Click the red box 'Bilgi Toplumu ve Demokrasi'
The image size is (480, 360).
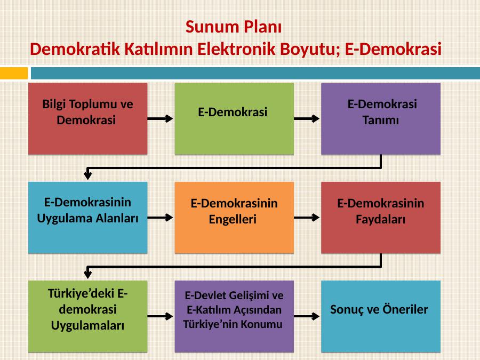pyautogui.click(x=88, y=119)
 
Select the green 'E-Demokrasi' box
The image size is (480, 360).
pyautogui.click(x=234, y=119)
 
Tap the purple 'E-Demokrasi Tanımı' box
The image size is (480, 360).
pyautogui.click(x=381, y=119)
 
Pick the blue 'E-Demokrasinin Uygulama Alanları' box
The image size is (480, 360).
pyautogui.click(x=88, y=218)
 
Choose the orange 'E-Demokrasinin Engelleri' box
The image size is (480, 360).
pyautogui.click(x=234, y=218)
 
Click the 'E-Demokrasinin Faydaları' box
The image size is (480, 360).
pyautogui.click(x=381, y=218)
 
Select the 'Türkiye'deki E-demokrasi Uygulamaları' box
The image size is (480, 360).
pyautogui.click(x=88, y=316)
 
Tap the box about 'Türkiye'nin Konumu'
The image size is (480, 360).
pyautogui.click(x=234, y=316)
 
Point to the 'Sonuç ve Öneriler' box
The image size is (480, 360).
pyautogui.click(x=381, y=316)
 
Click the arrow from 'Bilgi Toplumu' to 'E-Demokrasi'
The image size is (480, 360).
pyautogui.click(x=161, y=118)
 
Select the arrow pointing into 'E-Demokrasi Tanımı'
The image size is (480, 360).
pyautogui.click(x=307, y=118)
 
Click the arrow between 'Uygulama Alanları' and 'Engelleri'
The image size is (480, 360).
pyautogui.click(x=161, y=218)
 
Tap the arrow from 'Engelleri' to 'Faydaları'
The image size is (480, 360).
pyautogui.click(x=307, y=218)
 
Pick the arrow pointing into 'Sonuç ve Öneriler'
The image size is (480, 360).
pyautogui.click(x=307, y=316)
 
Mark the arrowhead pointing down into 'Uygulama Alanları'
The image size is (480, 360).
pyautogui.click(x=88, y=175)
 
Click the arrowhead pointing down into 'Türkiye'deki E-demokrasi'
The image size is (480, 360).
pyautogui.click(x=88, y=275)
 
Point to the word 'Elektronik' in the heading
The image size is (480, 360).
pyautogui.click(x=237, y=49)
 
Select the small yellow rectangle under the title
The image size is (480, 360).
pyautogui.click(x=14, y=73)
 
